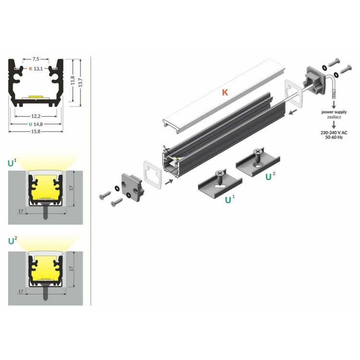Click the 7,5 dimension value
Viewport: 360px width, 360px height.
(36, 60)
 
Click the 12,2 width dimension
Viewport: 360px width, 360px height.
(36, 116)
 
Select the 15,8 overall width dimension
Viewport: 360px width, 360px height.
(36, 131)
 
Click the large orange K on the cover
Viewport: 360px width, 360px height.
(224, 92)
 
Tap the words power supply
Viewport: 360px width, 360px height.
(331, 111)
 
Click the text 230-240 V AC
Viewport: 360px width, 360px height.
(331, 132)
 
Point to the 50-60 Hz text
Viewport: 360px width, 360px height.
(331, 137)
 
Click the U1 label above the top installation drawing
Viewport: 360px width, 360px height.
(12, 162)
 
